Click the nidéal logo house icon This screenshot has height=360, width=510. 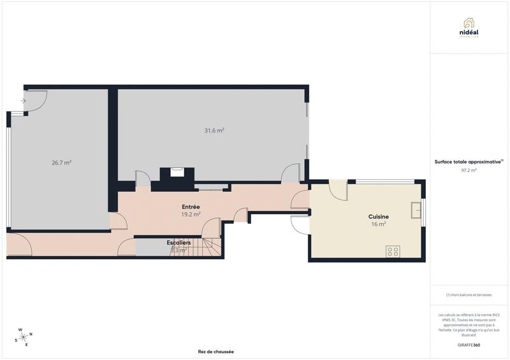(469, 22)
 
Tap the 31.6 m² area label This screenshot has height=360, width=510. (214, 131)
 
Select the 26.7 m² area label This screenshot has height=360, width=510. (61, 162)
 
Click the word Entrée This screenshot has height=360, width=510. (191, 207)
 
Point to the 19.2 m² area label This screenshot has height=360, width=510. (191, 215)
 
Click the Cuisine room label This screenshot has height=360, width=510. (379, 217)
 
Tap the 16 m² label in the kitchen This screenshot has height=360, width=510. (379, 224)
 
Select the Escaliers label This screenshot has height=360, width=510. (179, 243)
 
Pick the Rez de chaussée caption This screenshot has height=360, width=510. (216, 351)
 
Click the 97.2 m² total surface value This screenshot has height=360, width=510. (469, 170)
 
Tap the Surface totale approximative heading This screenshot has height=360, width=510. (469, 162)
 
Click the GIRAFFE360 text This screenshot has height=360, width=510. (469, 345)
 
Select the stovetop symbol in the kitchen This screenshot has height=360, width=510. (393, 251)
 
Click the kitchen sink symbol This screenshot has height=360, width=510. (416, 208)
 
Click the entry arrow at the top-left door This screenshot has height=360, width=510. (23, 101)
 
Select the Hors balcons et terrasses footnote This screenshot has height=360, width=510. (469, 294)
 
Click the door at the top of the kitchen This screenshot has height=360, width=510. (337, 189)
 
